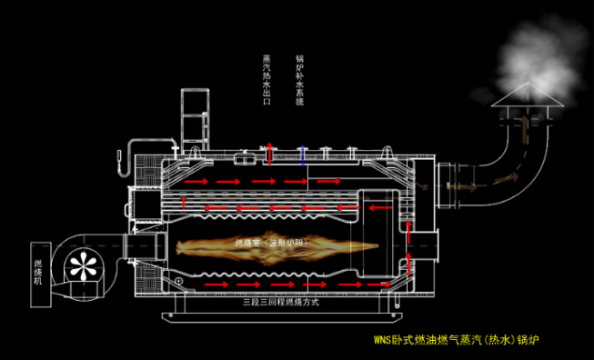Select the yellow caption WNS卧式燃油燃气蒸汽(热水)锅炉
(x=463, y=342)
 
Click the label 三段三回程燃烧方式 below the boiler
(x=277, y=301)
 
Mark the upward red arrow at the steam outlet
(x=268, y=148)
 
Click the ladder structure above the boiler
(x=196, y=118)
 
